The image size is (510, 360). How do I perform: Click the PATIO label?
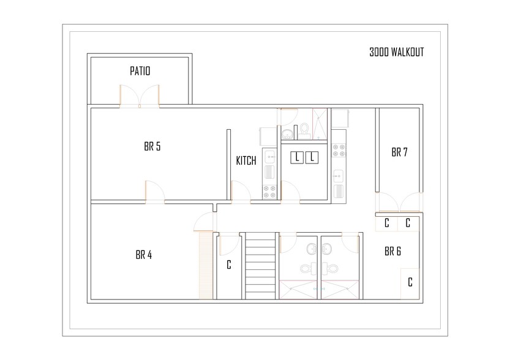140,72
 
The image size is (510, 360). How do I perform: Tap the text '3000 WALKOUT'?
396,53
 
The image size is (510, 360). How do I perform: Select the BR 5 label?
152,146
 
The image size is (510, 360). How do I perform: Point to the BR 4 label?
143,255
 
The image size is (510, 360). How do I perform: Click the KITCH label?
246,161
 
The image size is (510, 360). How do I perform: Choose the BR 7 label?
399,152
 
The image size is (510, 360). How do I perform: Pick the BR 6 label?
392,251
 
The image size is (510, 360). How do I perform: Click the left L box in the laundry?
297,158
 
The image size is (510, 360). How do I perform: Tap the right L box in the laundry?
312,158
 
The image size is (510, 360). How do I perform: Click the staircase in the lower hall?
260,266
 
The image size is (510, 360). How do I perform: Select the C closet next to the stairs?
228,265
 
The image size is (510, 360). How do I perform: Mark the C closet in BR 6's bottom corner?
410,282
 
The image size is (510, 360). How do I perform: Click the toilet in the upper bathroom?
304,129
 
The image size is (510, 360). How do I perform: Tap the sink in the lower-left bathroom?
312,248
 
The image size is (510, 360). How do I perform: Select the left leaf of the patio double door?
129,96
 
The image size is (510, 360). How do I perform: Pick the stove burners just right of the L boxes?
339,150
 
